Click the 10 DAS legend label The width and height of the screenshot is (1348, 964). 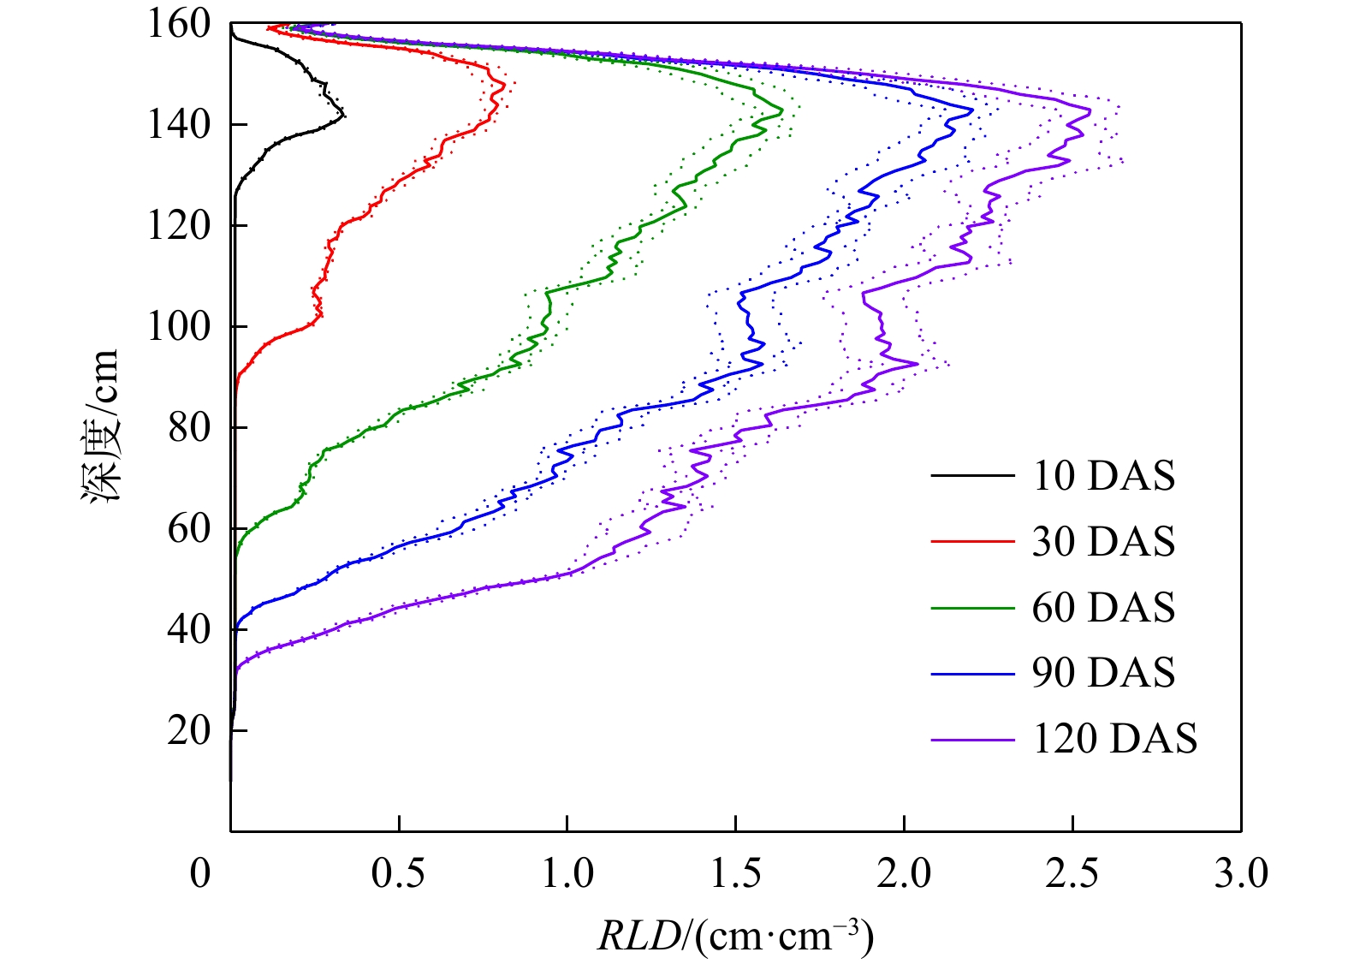point(1103,476)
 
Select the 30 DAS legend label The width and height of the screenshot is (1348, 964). point(1103,542)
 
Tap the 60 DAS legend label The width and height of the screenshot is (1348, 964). point(1103,608)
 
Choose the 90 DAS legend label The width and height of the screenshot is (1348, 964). point(1103,673)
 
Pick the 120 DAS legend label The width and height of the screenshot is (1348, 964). point(1114,739)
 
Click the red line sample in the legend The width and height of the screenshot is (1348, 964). point(972,542)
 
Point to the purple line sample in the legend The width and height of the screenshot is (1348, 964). point(972,739)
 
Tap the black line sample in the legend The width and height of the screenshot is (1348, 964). point(972,476)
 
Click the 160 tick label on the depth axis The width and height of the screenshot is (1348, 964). point(179,24)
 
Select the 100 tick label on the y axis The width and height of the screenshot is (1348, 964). point(179,326)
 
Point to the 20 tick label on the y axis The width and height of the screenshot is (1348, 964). point(189,730)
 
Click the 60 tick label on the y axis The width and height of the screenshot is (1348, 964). point(189,528)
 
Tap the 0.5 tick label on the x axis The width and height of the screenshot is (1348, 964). point(399,874)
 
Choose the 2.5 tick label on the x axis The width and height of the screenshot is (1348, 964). point(1072,874)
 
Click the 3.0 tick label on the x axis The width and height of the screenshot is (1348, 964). point(1241,874)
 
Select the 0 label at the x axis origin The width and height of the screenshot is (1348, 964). point(200,874)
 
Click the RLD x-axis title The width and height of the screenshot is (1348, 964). point(735,935)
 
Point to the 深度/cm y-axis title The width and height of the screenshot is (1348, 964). point(100,425)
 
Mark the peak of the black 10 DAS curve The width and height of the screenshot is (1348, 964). point(344,115)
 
